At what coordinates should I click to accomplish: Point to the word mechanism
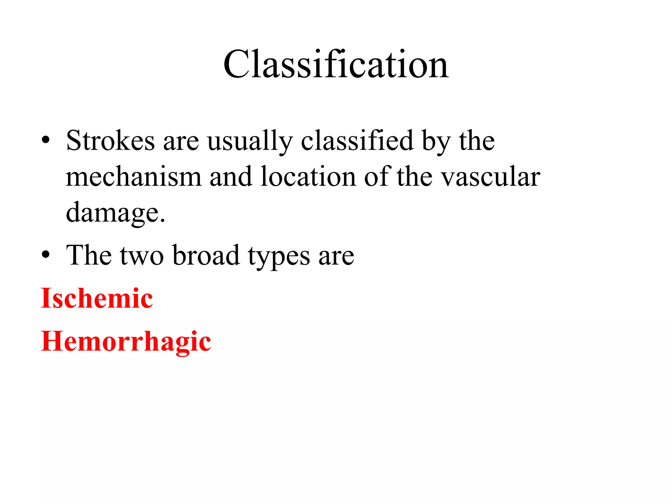click(134, 177)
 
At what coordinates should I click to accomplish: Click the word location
click(308, 177)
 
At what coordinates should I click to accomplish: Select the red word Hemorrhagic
click(126, 342)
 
